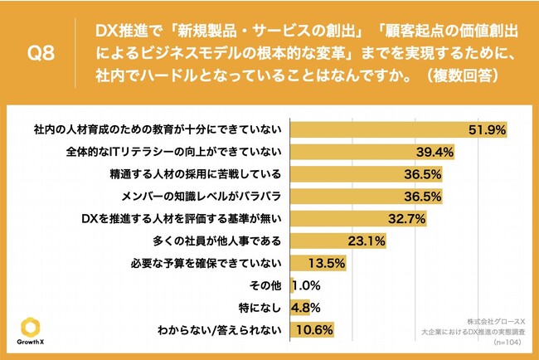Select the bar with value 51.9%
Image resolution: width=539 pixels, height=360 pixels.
398,130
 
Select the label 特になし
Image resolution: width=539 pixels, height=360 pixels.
264,308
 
